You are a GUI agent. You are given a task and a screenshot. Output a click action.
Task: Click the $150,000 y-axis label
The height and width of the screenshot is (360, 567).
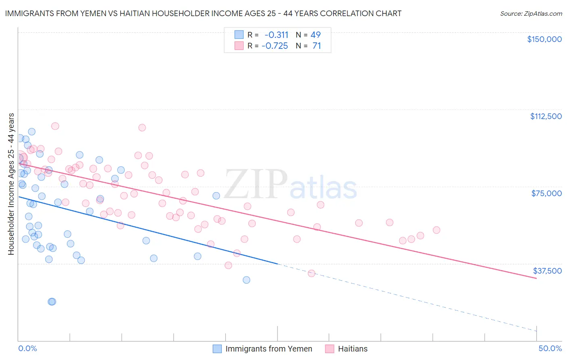pos(544,39)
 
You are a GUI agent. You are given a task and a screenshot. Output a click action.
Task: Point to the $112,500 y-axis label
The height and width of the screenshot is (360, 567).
pos(546,116)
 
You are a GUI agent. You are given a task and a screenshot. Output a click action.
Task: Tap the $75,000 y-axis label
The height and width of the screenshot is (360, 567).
pos(546,193)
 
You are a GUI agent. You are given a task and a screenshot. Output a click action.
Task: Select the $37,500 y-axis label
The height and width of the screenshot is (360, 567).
pos(547,271)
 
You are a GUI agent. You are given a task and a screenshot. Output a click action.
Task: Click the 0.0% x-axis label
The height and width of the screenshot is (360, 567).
pos(27,348)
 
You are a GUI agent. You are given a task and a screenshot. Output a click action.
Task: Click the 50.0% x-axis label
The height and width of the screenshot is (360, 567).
pos(550,348)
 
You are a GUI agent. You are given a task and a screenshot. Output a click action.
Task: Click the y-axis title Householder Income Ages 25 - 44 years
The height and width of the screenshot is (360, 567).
pos(11,184)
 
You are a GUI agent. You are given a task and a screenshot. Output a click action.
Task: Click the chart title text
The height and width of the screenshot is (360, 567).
pos(203,13)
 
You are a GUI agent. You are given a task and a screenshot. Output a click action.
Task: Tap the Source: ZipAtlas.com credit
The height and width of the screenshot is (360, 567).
pos(531,14)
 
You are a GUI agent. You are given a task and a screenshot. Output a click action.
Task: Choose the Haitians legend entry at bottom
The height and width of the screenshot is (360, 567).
pos(352,349)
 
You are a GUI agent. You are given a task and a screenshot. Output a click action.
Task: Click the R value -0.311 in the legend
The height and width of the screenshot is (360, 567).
pos(276,35)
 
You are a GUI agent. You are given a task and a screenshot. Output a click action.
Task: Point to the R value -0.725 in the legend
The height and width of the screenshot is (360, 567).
pos(275,46)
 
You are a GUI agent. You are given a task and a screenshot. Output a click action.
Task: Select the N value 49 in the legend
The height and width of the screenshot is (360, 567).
pos(315,35)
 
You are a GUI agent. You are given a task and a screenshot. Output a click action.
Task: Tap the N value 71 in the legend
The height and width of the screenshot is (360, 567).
pos(317,46)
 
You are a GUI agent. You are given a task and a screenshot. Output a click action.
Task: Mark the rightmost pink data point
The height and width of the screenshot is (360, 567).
pos(436,230)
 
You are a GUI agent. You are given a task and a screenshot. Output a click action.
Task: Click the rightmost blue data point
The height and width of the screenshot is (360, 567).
pos(246,280)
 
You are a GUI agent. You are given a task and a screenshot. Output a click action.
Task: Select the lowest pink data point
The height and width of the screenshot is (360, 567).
pos(311,273)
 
